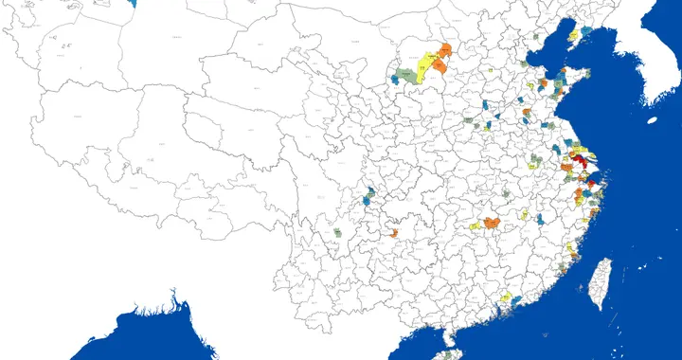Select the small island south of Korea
[x=653, y=120]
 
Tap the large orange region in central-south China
[x=493, y=223]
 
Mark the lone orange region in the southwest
[x=394, y=232]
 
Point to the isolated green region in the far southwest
[x=337, y=231]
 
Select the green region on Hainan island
[x=449, y=354]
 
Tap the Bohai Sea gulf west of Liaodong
[x=540, y=57]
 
